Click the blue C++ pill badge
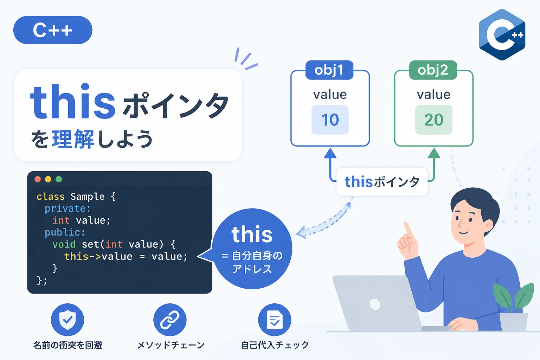(53, 30)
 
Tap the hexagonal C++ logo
(502, 35)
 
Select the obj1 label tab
(329, 70)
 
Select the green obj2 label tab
(433, 70)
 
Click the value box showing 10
(330, 120)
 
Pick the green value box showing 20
(434, 120)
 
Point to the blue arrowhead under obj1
(330, 153)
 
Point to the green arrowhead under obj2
(434, 153)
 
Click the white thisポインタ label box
(382, 181)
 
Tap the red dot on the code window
(38, 179)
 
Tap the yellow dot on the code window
(48, 179)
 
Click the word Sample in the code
(88, 197)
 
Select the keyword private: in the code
(67, 209)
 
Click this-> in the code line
(83, 256)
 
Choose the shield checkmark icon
(67, 320)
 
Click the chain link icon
(170, 320)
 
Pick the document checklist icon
(275, 320)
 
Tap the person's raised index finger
(409, 230)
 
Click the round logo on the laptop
(375, 304)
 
